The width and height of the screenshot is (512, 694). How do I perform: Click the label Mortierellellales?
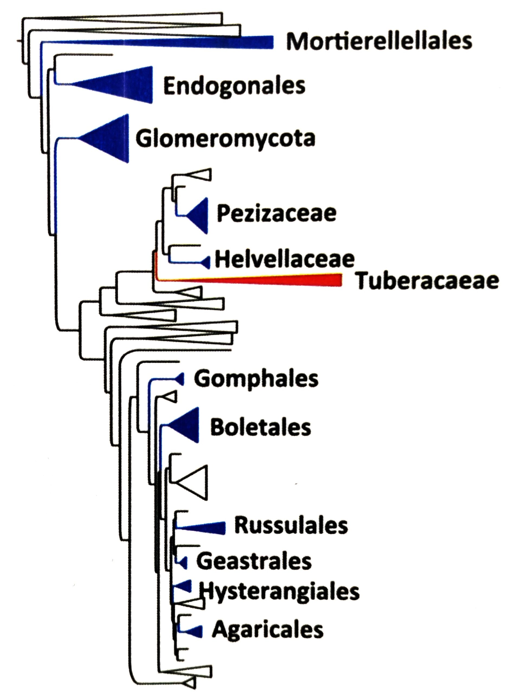[x=379, y=41]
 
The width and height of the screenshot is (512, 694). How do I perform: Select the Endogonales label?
[x=234, y=86]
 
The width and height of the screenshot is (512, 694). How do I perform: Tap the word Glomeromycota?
[x=225, y=139]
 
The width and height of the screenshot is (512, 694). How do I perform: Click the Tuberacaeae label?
[x=427, y=281]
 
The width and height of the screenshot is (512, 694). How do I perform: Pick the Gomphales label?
[x=256, y=379]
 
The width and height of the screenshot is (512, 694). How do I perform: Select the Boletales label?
[x=261, y=428]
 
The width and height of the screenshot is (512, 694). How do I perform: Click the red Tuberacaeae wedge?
[x=279, y=280]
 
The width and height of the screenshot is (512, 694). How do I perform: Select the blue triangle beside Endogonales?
[x=124, y=84]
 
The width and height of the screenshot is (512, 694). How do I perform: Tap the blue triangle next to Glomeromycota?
[x=108, y=139]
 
